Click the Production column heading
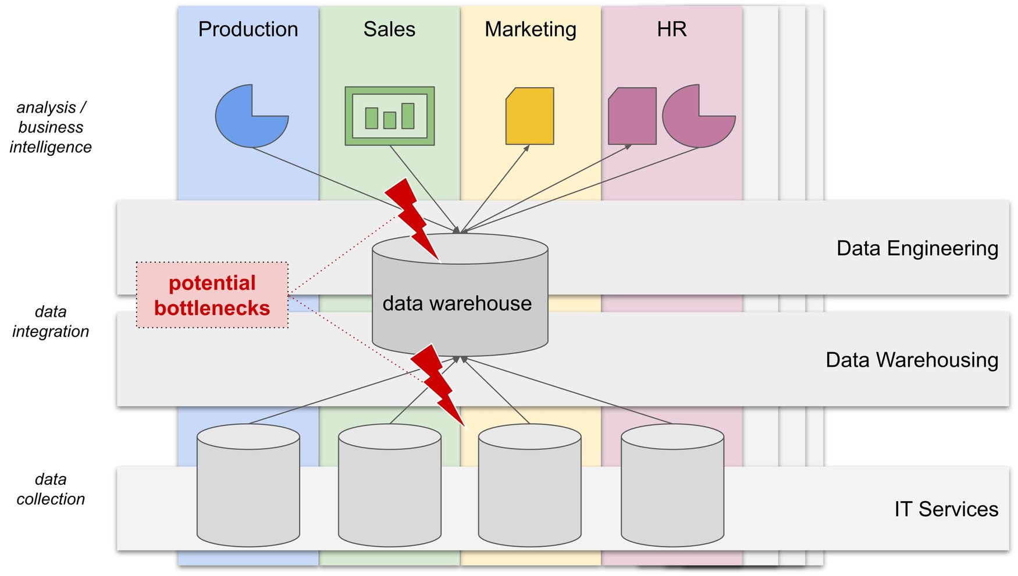coord(248,29)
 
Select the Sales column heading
coord(389,29)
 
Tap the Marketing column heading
coord(530,29)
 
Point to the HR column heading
coord(671,29)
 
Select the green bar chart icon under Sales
coord(389,116)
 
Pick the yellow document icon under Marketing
coord(530,116)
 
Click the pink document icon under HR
coord(632,116)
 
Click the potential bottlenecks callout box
coord(212,295)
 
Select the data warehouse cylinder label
coord(457,303)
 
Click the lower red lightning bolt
coord(438,384)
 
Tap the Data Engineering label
coord(917,248)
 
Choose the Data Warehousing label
coord(912,360)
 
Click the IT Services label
coord(946,509)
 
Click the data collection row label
coord(51,489)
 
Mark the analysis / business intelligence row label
coord(51,127)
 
